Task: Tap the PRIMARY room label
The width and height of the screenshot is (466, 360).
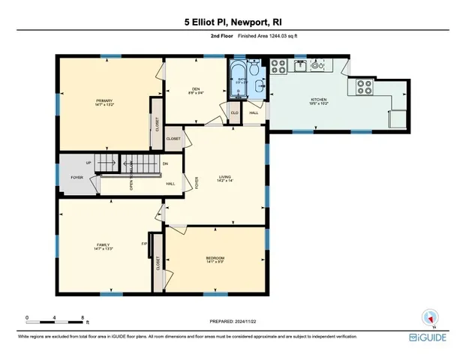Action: (x=104, y=102)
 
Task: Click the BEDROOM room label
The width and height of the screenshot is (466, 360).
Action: (x=215, y=259)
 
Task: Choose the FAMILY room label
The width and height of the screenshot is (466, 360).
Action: (x=104, y=246)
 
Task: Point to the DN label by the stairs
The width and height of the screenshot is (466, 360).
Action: (x=165, y=163)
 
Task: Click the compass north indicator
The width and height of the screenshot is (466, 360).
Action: (x=430, y=317)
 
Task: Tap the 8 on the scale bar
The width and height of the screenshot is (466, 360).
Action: (x=83, y=317)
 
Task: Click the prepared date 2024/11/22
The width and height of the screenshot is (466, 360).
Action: (x=233, y=320)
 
